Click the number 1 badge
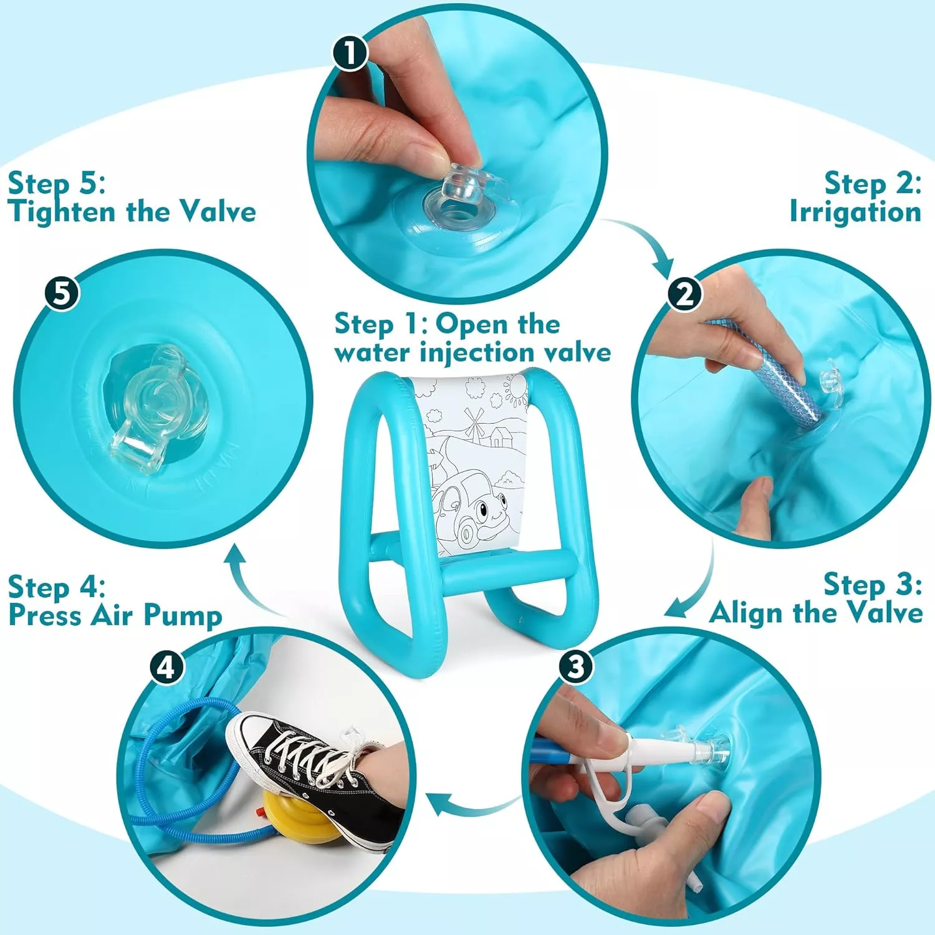350,53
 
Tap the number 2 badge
685,293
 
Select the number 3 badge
575,666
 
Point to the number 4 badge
166,668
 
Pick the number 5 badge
62,293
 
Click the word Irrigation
855,211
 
